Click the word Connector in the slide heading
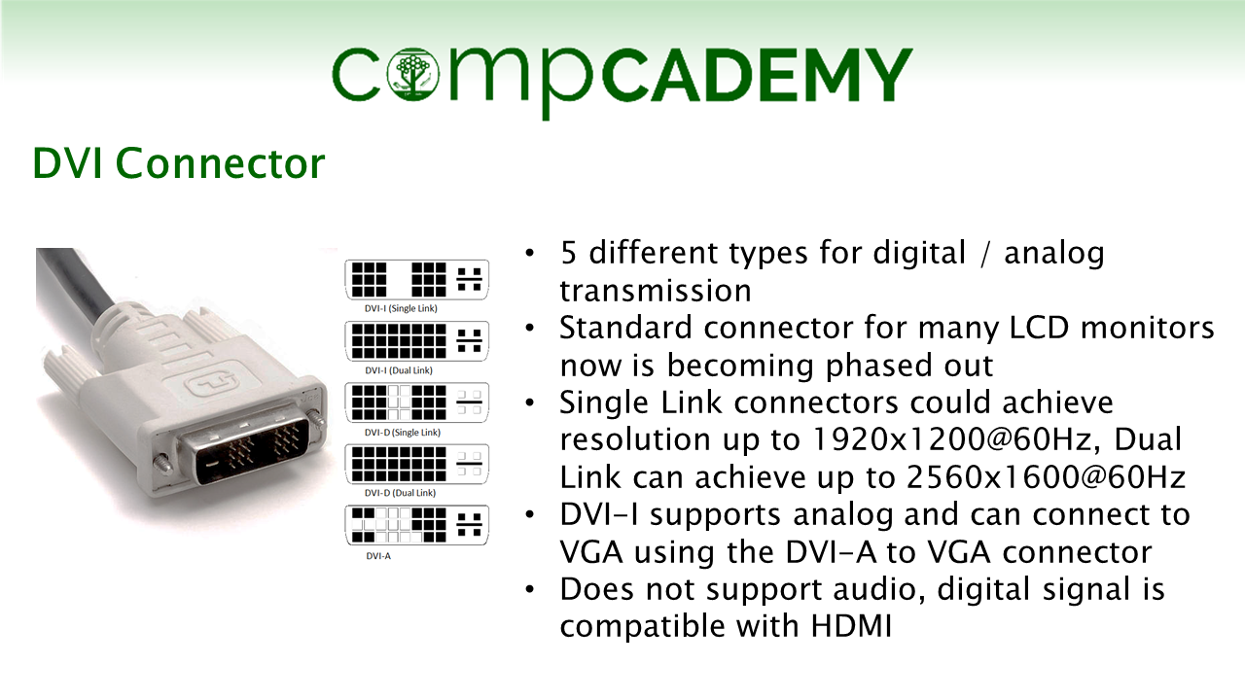pos(220,163)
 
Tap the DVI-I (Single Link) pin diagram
pos(417,279)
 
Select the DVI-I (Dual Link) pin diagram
pos(417,340)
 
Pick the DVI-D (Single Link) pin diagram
pos(417,402)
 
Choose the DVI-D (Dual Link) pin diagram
pos(417,464)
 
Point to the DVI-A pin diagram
pos(417,525)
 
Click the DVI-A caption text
pos(378,555)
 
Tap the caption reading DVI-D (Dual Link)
pos(400,493)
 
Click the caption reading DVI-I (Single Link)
pos(401,308)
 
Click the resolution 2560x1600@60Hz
pos(1046,476)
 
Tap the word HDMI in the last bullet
pos(851,625)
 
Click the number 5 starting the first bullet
pos(568,253)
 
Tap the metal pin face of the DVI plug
pos(244,445)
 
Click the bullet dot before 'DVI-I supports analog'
pos(530,515)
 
